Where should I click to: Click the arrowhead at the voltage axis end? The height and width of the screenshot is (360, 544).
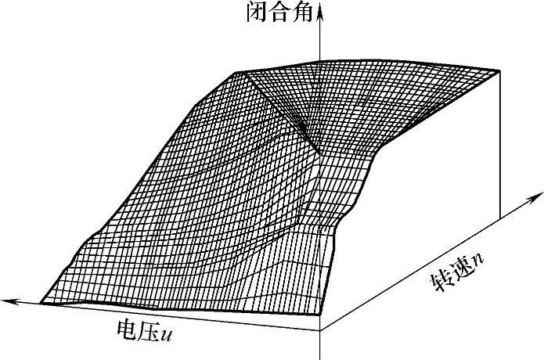6,299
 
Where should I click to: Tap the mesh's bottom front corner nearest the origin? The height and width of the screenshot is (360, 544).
319,314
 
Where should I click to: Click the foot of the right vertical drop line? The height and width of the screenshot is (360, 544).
499,218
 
